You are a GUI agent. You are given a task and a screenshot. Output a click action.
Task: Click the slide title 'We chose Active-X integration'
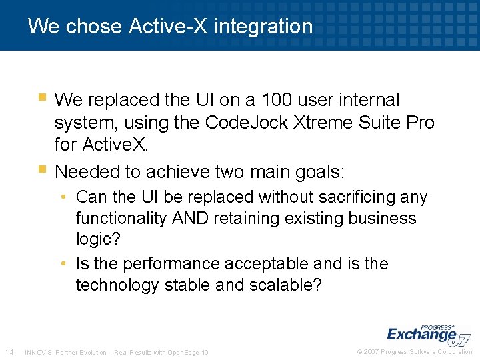pyautogui.click(x=170, y=26)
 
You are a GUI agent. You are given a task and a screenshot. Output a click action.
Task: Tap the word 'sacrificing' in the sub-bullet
pyautogui.click(x=360, y=197)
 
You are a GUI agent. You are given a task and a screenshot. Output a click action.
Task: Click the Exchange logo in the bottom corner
pyautogui.click(x=427, y=335)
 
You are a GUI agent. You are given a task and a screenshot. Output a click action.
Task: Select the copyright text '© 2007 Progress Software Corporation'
pyautogui.click(x=415, y=352)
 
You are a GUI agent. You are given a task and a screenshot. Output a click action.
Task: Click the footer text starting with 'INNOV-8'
pyautogui.click(x=116, y=352)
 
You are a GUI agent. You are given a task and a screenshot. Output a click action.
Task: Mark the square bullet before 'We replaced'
pyautogui.click(x=42, y=97)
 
